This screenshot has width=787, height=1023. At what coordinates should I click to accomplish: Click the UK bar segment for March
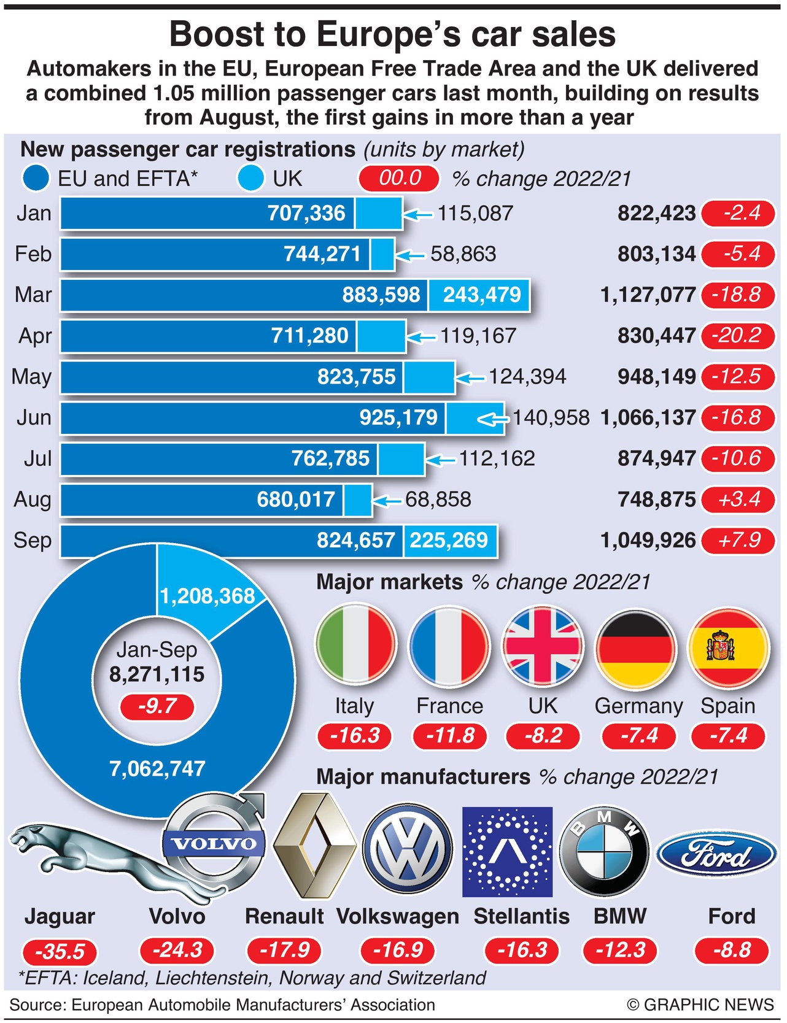click(479, 295)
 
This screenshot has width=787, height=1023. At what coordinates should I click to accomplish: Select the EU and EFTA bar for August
click(203, 500)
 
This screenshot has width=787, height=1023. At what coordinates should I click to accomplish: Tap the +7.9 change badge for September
click(739, 541)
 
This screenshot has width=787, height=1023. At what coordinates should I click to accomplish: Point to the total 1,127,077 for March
click(648, 295)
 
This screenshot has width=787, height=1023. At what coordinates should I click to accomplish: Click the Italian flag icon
click(355, 646)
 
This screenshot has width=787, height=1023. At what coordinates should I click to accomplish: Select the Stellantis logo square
click(507, 852)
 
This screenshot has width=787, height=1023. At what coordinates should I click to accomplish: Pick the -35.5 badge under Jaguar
click(60, 952)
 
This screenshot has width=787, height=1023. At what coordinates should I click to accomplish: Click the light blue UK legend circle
click(251, 179)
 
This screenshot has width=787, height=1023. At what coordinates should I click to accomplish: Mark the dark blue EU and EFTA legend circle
click(36, 179)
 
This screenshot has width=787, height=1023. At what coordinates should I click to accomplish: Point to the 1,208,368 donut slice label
click(207, 596)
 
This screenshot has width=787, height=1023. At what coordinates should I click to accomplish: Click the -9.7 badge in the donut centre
click(157, 706)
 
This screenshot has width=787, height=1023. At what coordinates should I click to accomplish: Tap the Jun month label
click(34, 418)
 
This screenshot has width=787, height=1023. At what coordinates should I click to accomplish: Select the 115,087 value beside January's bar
click(475, 214)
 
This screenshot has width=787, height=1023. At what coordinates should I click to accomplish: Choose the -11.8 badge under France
click(450, 736)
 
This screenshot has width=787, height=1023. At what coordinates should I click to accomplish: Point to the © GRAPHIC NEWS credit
click(700, 1005)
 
